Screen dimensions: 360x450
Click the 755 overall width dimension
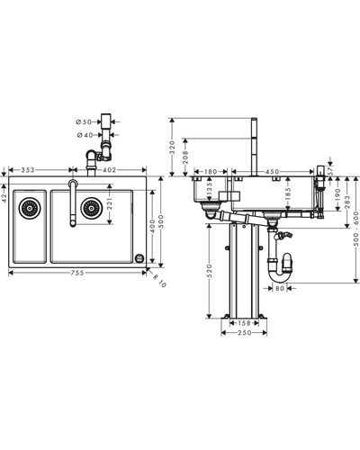pos(77,273)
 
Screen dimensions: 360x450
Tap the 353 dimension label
pos(28,170)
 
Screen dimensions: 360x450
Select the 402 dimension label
pos(109,170)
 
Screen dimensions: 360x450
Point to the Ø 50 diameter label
pos(84,121)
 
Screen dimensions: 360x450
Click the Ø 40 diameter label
pos(85,135)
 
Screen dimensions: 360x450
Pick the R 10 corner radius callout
pos(159,281)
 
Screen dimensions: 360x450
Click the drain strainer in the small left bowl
pos(30,208)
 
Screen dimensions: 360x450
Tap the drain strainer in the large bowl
pos(91,208)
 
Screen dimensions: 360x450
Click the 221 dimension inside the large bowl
pos(109,203)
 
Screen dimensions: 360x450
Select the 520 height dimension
pos(210,271)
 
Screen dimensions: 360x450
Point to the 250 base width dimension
pos(244,333)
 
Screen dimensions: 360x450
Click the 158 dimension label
pos(244,323)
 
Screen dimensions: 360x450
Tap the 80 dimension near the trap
pos(279,288)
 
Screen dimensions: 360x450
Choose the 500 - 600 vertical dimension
pos(356,229)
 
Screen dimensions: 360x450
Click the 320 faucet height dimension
pos(172,147)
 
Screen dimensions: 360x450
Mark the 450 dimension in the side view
pos(273,172)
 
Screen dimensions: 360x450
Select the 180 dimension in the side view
pos(211,172)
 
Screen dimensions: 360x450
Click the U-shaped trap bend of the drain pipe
pos(281,276)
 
